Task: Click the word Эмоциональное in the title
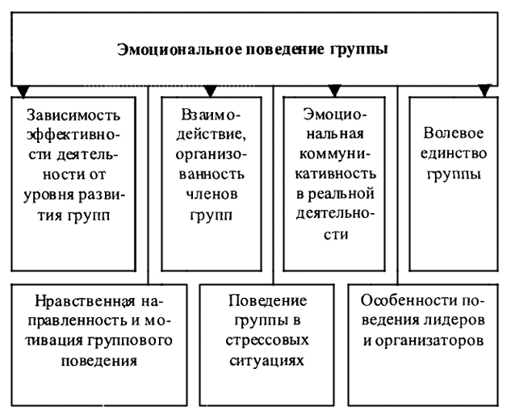coord(179,49)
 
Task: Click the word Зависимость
coord(73,115)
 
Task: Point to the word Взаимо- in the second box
coord(211,115)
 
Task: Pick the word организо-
coord(212,155)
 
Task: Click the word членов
coord(212,195)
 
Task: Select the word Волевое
coord(454,133)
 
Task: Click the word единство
coord(454,154)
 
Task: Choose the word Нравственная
coord(85,301)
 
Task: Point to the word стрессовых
coord(267,342)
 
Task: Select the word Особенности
coord(408,301)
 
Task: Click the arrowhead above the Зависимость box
coord(23,92)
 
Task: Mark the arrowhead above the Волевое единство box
coord(484,91)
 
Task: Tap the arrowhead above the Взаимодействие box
coord(210,91)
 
